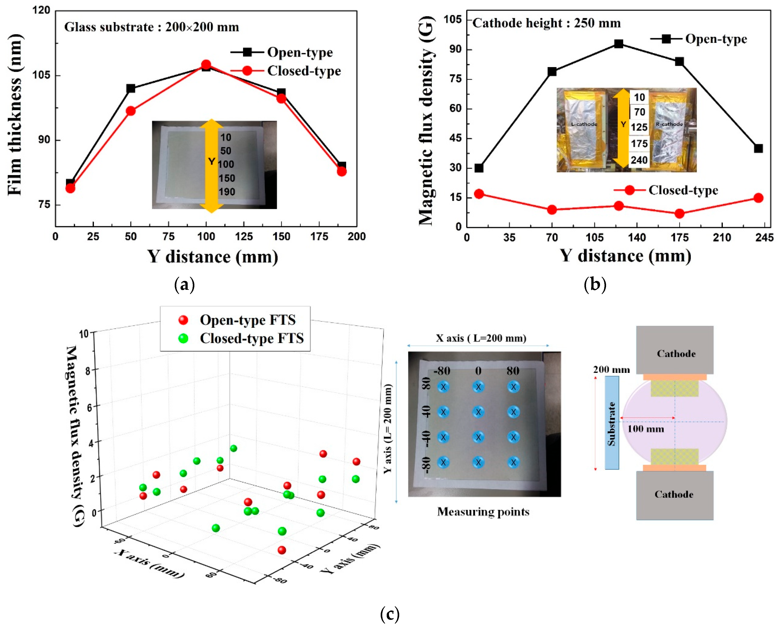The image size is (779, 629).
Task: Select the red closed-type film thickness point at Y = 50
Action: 131,111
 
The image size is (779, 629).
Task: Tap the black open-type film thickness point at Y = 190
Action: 341,166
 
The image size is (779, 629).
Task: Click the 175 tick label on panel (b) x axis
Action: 679,238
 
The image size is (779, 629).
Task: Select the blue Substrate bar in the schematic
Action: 612,422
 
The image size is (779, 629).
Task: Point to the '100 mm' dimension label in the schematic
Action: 646,429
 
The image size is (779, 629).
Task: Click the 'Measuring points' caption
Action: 483,512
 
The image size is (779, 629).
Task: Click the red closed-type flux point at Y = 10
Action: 479,194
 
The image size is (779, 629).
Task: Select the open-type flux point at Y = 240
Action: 758,148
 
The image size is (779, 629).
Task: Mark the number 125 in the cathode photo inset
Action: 639,127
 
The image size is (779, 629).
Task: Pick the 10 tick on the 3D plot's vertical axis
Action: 84,333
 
